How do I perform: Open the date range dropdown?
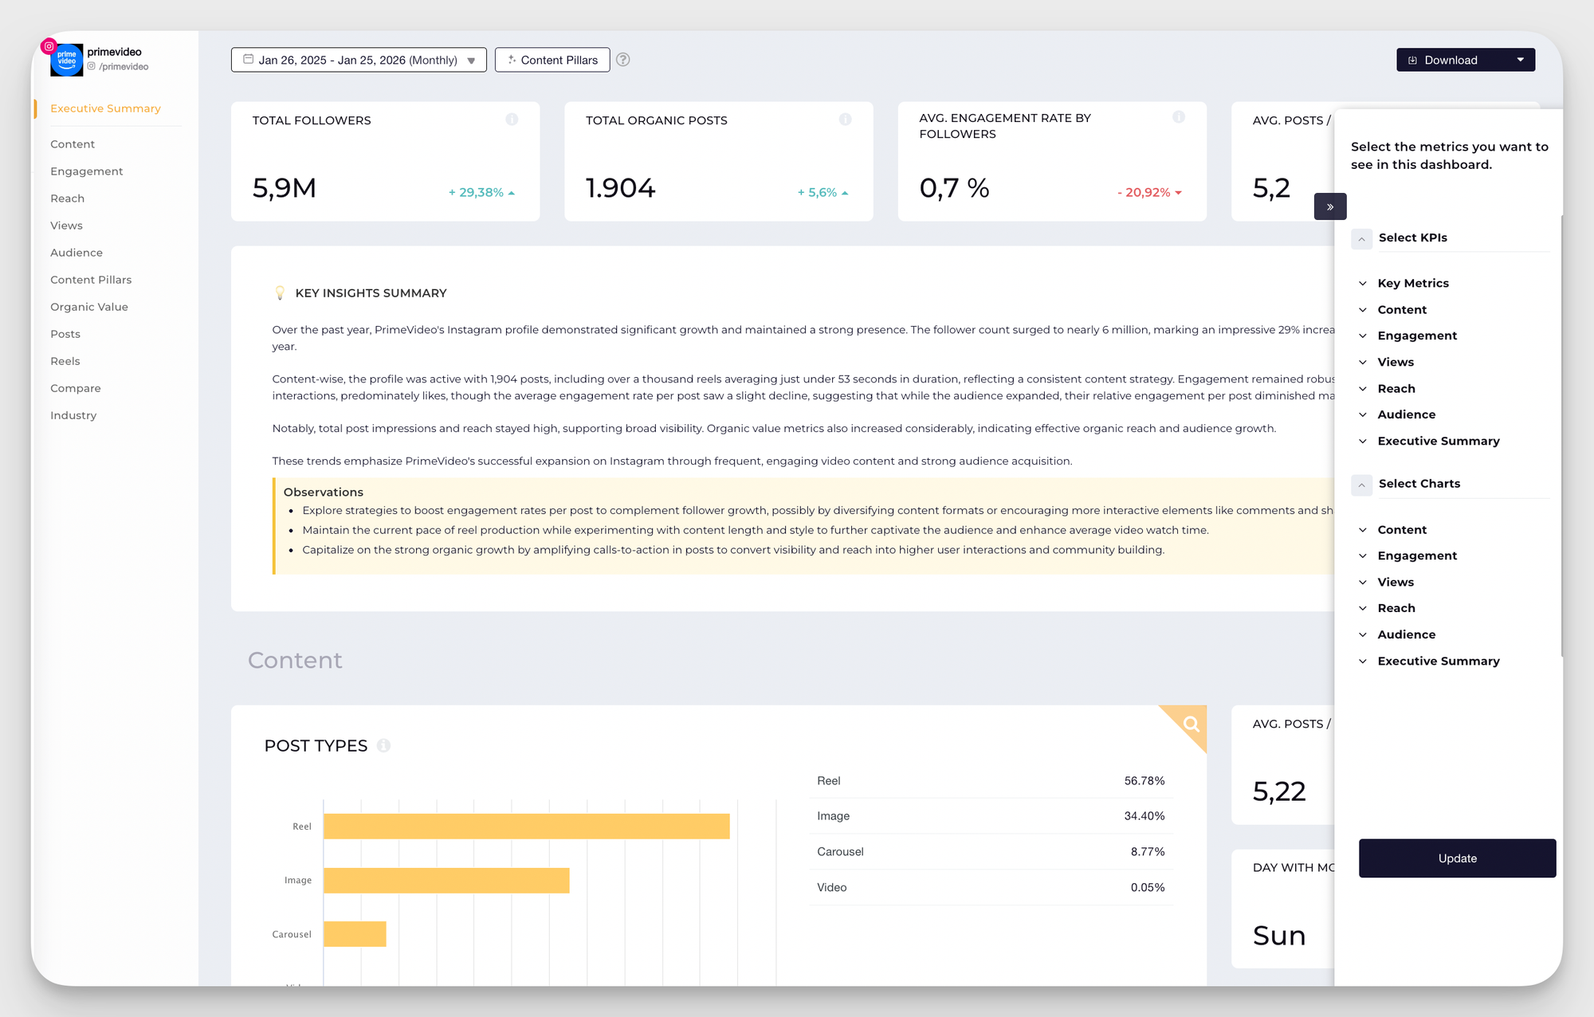359,60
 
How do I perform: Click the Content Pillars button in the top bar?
552,60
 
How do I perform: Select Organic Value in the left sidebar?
88,307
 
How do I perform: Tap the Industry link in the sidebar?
73,415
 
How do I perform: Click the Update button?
1457,858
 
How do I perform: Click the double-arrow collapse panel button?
1330,206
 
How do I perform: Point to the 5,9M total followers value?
285,188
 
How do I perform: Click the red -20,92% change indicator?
1148,192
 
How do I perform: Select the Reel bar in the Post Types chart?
526,827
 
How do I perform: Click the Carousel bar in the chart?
355,934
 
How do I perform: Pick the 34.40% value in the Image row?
1144,816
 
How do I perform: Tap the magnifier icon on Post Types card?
1191,724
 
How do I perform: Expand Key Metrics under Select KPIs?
1412,283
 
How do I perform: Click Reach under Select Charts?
1396,608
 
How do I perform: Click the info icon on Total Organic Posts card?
845,120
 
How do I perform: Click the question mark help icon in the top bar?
623,60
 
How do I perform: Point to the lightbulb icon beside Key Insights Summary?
280,293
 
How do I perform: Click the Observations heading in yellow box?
323,492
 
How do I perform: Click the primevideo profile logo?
66,60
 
